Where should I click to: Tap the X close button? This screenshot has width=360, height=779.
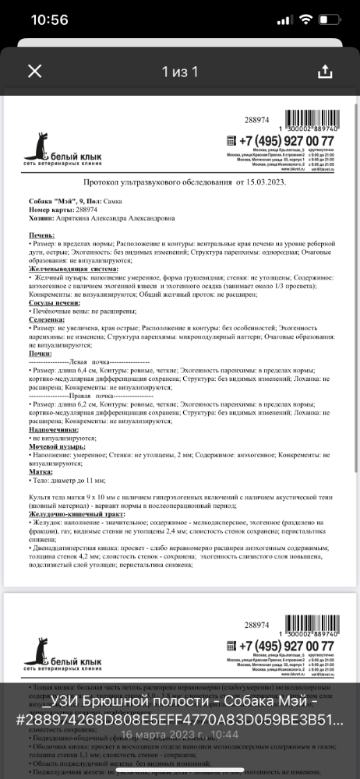click(34, 72)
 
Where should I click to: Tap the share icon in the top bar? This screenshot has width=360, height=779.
click(326, 72)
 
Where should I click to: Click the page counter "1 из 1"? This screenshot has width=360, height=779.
click(180, 72)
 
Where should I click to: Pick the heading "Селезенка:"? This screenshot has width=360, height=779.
click(47, 320)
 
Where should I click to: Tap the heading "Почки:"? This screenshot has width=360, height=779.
click(39, 354)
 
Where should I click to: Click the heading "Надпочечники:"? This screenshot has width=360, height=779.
click(53, 429)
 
